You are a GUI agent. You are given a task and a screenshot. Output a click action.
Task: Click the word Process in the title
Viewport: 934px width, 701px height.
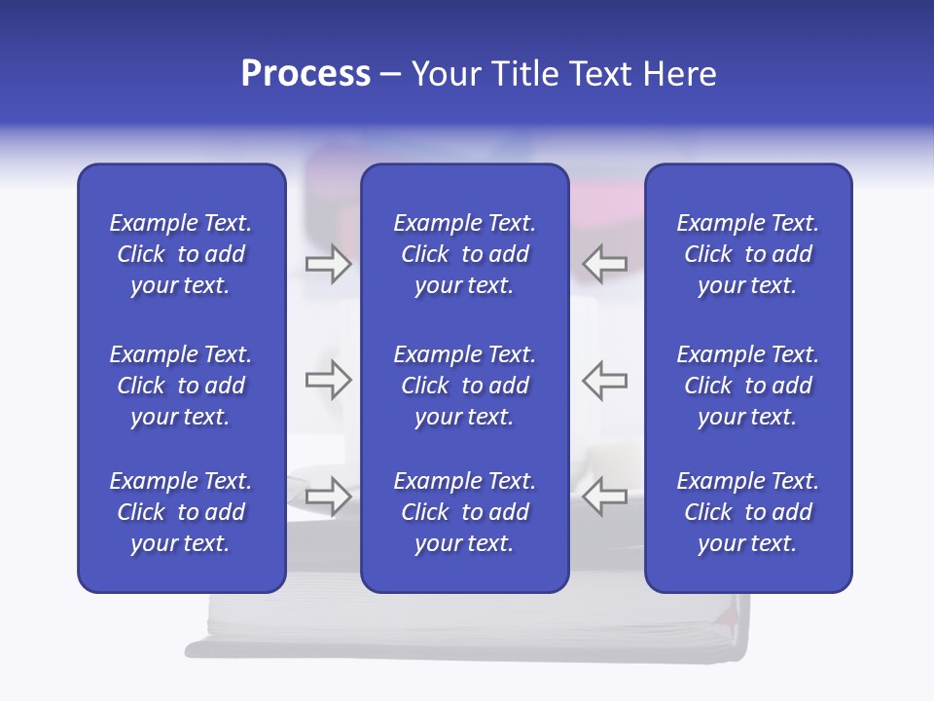coord(305,74)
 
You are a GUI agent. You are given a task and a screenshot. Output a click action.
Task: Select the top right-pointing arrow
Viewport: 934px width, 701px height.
coord(328,264)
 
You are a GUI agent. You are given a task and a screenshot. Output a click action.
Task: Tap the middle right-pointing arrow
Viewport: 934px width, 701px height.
coord(328,380)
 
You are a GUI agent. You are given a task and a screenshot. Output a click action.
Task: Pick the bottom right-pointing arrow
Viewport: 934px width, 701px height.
coord(328,496)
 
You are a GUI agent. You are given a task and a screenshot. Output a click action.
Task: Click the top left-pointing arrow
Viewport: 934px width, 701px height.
coord(604,264)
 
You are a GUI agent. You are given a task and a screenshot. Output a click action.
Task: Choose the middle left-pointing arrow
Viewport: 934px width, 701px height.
coord(604,380)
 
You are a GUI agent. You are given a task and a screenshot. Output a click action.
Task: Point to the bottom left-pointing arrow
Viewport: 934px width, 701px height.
coord(604,496)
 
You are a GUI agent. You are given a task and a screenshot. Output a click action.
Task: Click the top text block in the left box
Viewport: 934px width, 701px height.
coord(181,254)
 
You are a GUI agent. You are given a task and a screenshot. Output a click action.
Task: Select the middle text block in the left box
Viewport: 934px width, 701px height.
coord(181,386)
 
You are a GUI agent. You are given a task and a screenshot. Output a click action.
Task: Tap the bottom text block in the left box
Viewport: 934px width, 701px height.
coord(181,512)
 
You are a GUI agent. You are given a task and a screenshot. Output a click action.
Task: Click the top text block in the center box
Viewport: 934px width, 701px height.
coord(464,254)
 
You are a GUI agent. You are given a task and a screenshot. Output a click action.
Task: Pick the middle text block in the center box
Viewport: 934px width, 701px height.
coord(464,386)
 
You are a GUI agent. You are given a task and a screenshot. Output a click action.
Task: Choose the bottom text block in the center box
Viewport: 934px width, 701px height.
coord(464,512)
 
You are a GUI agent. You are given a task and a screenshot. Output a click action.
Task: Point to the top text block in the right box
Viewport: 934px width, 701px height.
coord(747,254)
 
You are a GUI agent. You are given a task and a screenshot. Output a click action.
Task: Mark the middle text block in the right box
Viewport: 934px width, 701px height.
coord(747,386)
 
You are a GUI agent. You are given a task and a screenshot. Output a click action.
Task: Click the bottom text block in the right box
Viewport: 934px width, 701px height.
coord(747,512)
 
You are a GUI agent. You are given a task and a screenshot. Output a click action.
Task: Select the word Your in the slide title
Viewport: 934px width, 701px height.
coord(446,74)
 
